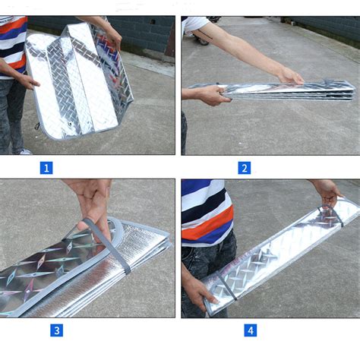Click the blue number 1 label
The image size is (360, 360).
(46, 168)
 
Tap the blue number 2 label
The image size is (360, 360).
(245, 168)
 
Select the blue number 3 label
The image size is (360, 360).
(57, 330)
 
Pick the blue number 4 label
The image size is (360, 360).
(251, 330)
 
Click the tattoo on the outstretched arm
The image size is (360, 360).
(205, 34)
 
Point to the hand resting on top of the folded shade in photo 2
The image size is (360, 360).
(291, 75)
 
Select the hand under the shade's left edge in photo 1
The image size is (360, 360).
(28, 82)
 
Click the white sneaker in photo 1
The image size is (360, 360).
(26, 152)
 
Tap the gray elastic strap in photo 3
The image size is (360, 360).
(109, 245)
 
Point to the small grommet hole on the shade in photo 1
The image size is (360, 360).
(69, 124)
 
